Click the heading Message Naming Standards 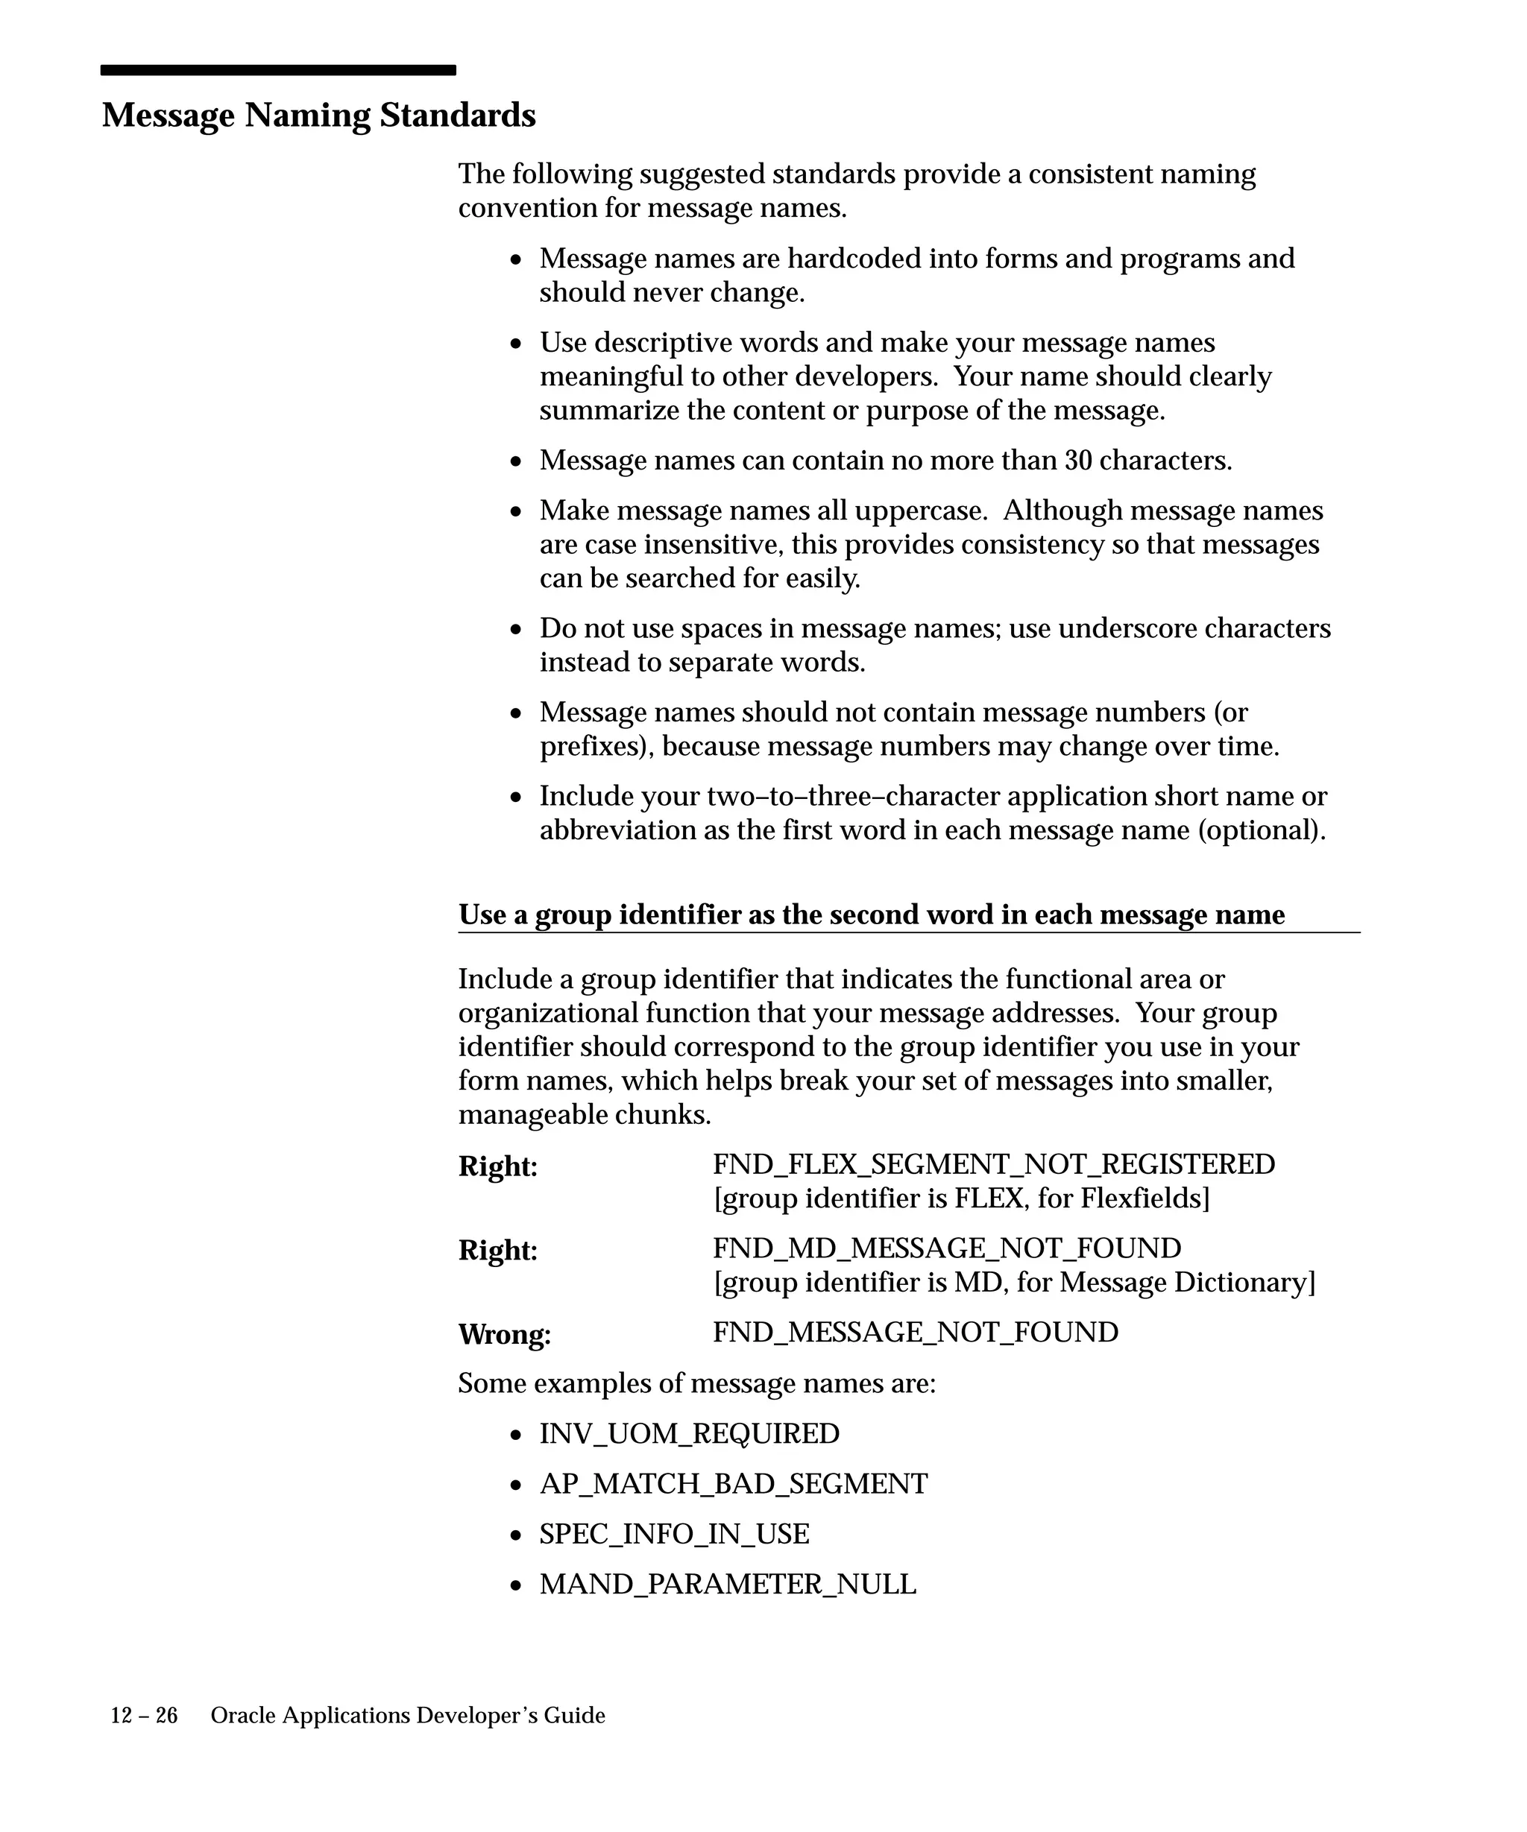pos(318,116)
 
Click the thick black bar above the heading pos(277,70)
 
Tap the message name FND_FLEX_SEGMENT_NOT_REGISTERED pos(994,1165)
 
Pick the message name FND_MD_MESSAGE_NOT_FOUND pos(947,1248)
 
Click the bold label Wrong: pos(504,1335)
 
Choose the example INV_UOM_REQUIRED pos(690,1433)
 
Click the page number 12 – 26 pos(144,1716)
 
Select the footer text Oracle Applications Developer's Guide pos(408,1716)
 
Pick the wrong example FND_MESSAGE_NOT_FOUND pos(916,1332)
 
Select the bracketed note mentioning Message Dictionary pos(1014,1283)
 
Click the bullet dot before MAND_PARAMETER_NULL pos(517,1585)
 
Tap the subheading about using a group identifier pos(871,915)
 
